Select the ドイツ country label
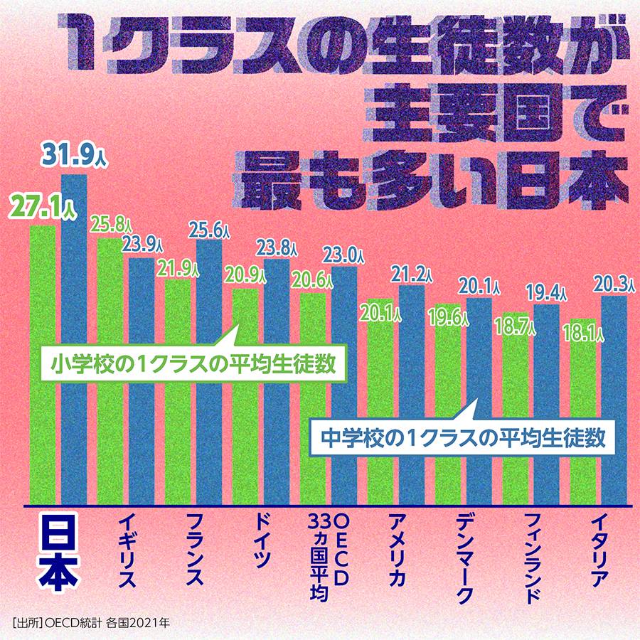click(261, 540)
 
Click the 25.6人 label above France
click(209, 230)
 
